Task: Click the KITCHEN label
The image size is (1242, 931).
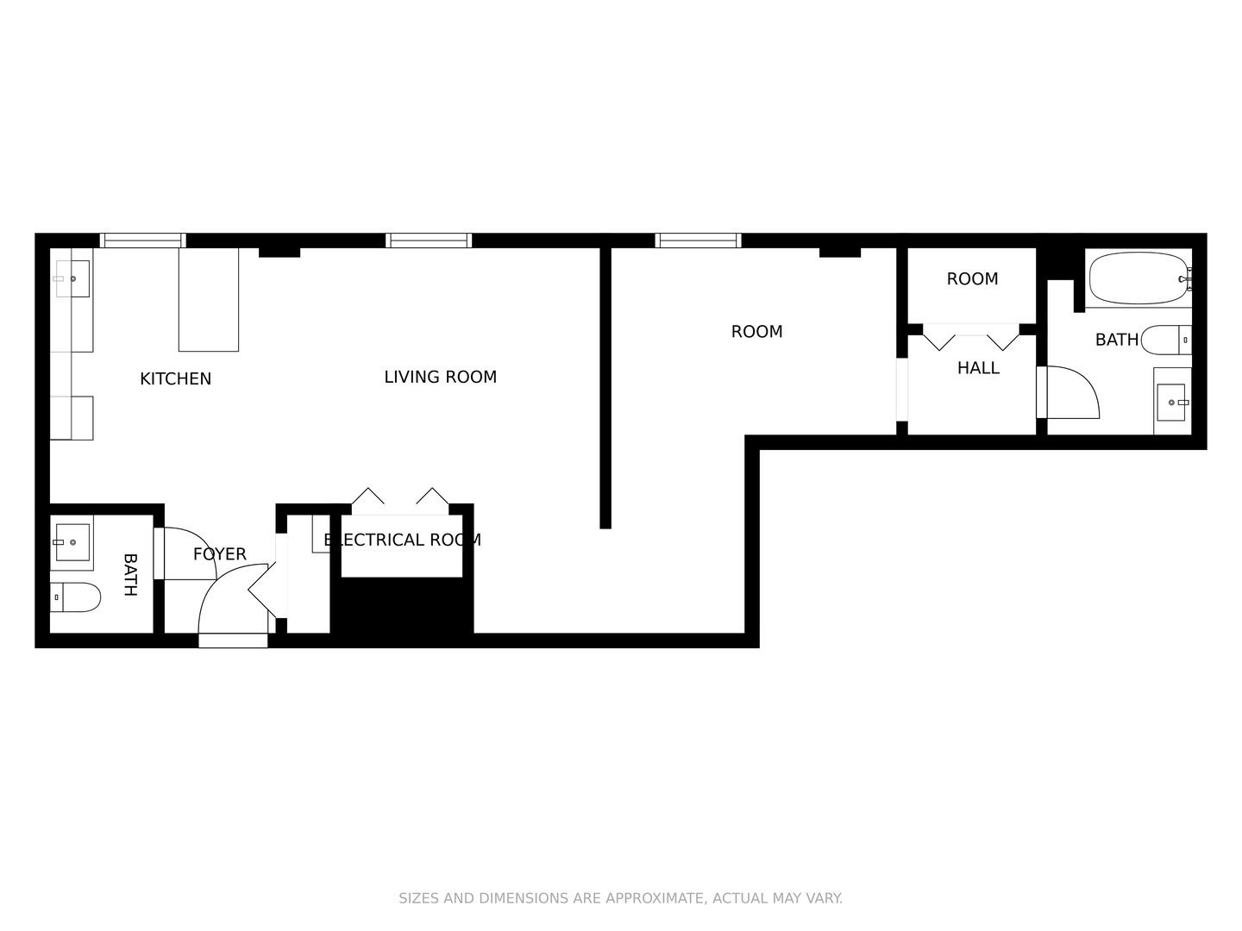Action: pos(175,378)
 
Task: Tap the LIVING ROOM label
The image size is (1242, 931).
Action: pos(440,377)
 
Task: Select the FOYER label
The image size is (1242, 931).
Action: pos(219,554)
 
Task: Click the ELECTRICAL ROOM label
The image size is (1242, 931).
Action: pos(402,540)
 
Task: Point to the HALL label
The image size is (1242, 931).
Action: pos(978,368)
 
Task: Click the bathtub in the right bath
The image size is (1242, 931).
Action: pos(1138,278)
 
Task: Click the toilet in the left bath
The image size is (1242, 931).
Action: pos(74,597)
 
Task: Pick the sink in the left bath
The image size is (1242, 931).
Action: pos(72,542)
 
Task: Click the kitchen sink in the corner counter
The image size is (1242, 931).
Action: pos(72,278)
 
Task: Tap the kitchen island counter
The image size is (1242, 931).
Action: pos(208,299)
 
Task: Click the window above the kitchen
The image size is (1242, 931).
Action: pos(142,241)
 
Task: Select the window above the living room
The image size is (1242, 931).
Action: pos(428,241)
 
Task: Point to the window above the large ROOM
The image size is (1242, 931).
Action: pos(698,241)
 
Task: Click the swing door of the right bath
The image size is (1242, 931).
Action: pos(1069,393)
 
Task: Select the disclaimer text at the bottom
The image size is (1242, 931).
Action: pos(620,898)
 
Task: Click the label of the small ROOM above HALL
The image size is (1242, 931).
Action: pos(972,279)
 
